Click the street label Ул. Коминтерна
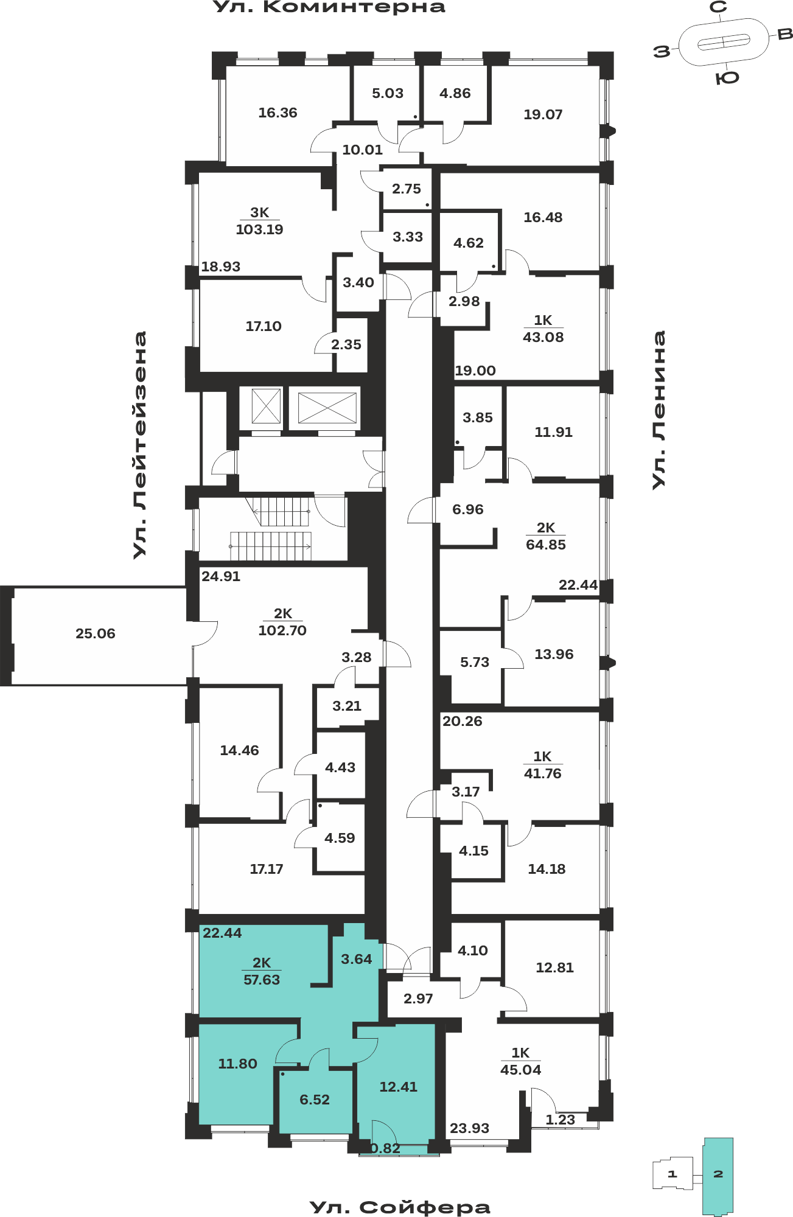(x=329, y=7)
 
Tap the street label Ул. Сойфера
(x=400, y=1207)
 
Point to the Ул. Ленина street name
(x=659, y=410)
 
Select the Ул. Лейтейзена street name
(x=140, y=445)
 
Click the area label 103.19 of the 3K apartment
(x=259, y=229)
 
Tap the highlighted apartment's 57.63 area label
(x=262, y=980)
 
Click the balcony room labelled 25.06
(x=96, y=633)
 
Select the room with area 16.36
(x=278, y=113)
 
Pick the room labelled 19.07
(x=543, y=114)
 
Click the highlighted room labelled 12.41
(x=399, y=1087)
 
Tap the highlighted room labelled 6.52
(x=315, y=1100)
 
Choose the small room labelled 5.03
(x=388, y=93)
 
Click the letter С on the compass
(x=719, y=7)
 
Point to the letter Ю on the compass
(x=727, y=78)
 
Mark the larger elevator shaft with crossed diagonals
(x=327, y=407)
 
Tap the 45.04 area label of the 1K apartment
(x=520, y=1070)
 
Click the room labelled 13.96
(x=554, y=654)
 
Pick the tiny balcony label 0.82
(x=385, y=1148)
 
